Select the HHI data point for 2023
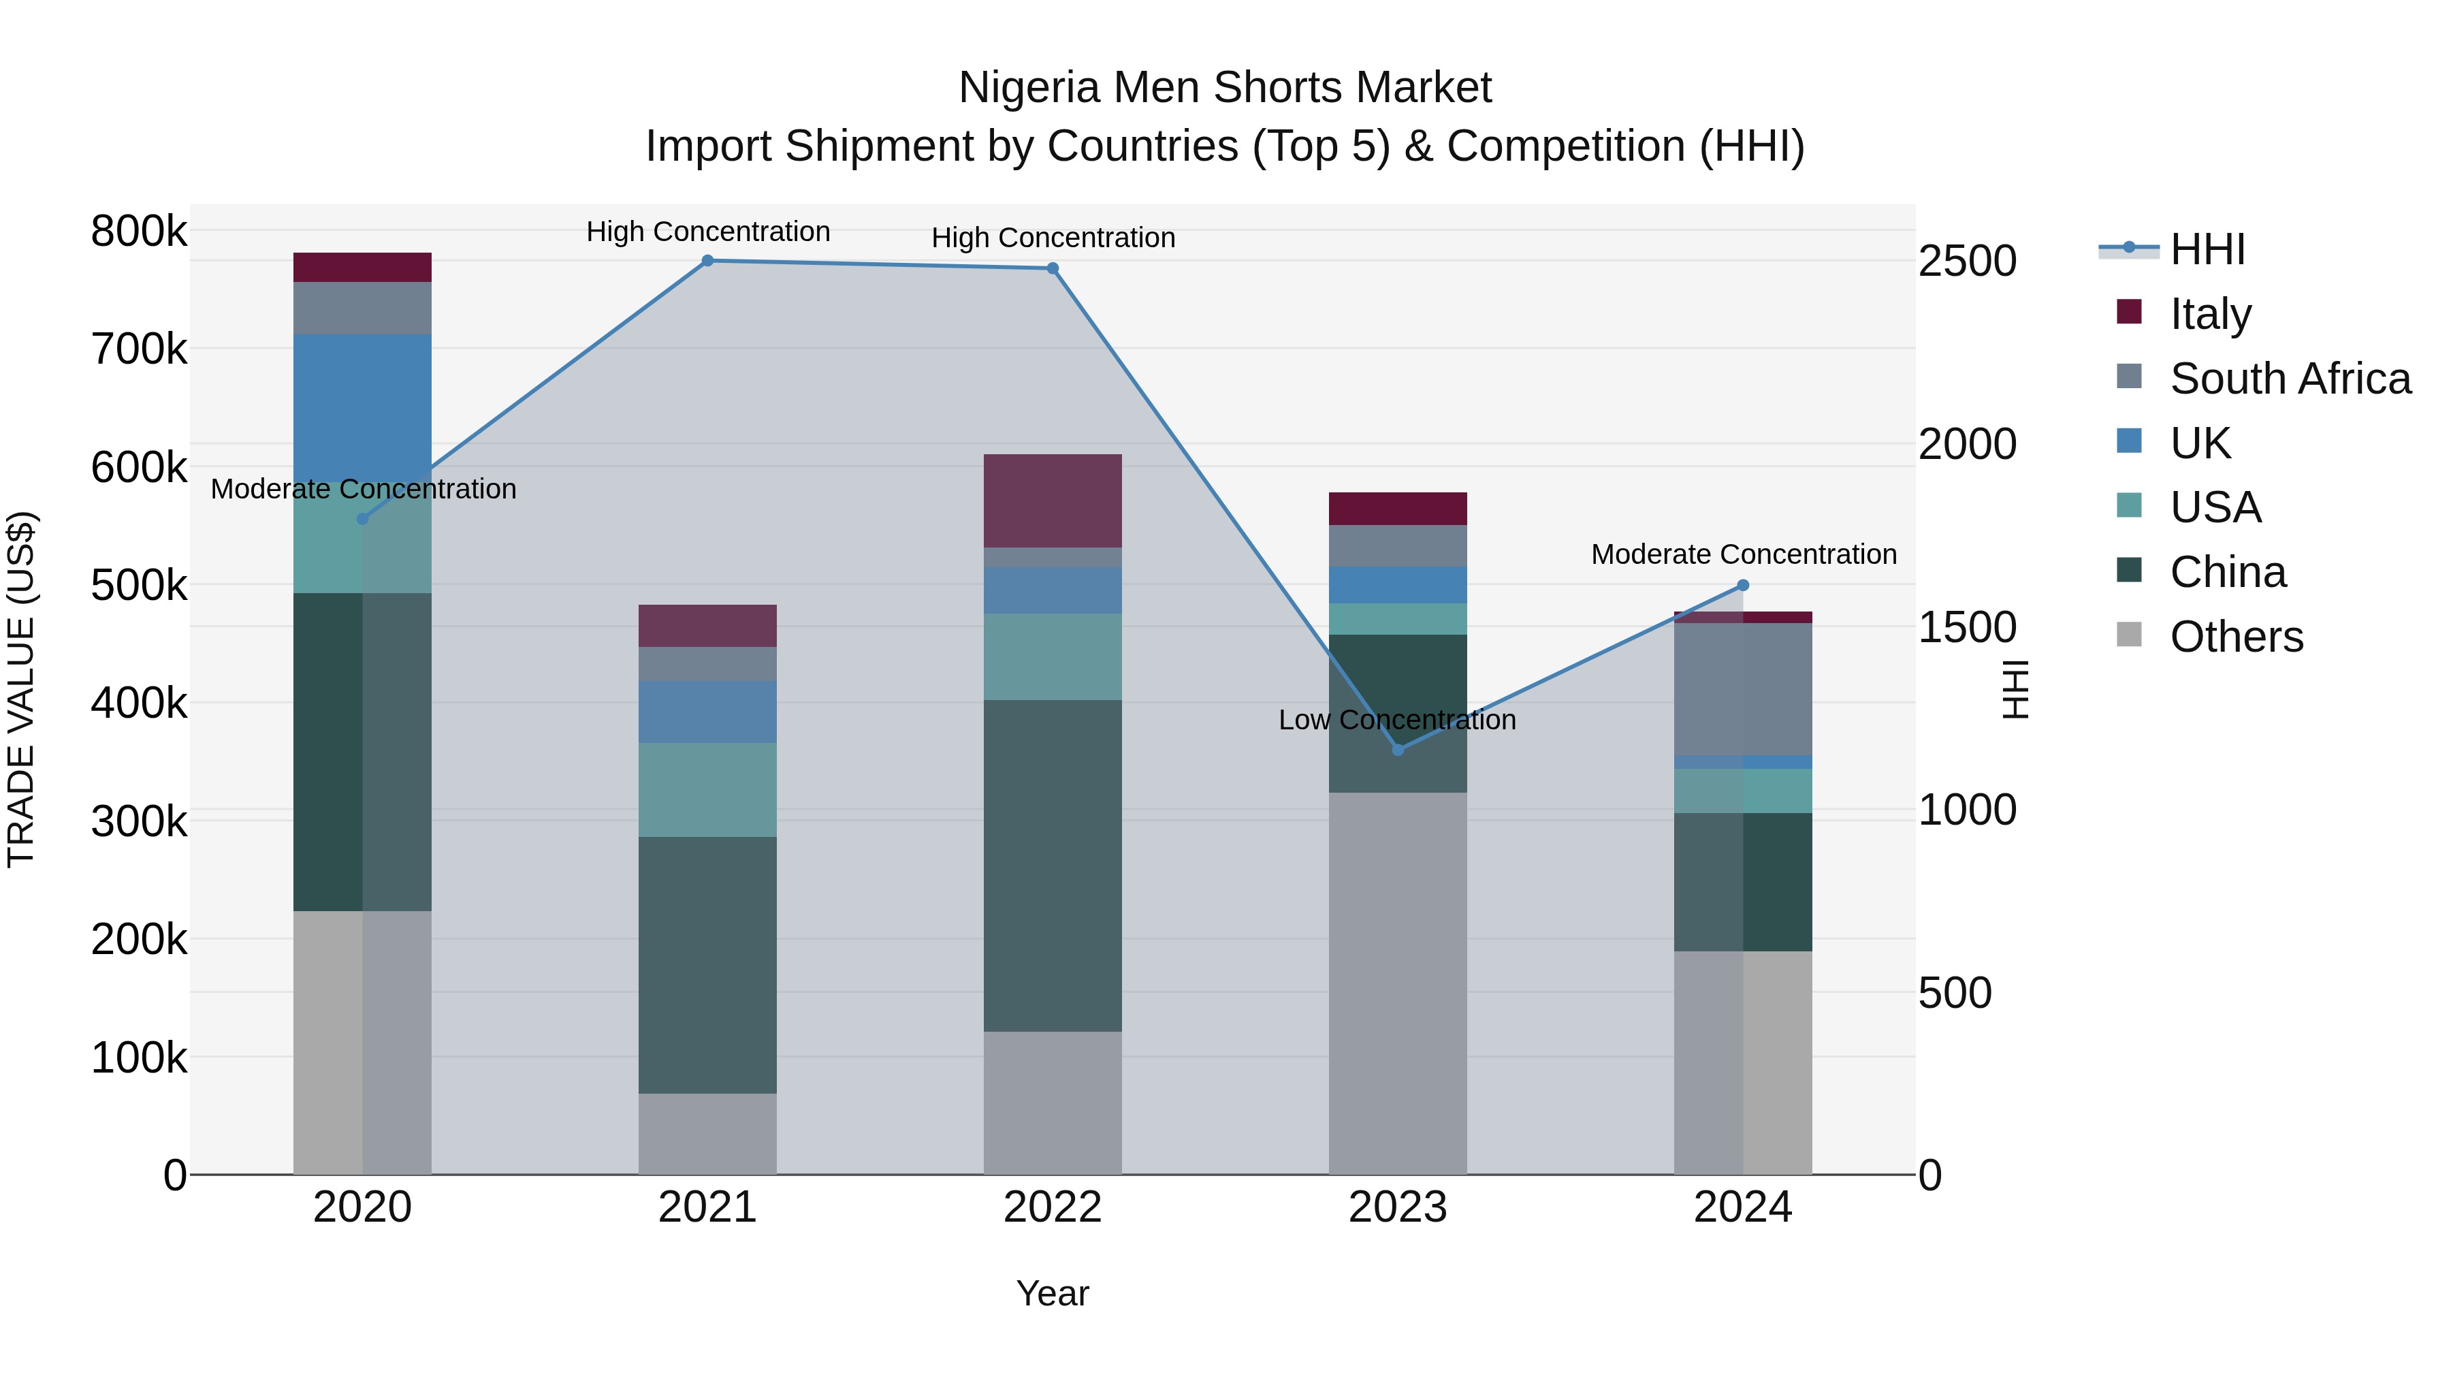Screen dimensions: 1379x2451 click(1398, 750)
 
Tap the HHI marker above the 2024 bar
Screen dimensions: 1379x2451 click(1743, 585)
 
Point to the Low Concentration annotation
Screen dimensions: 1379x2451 click(1397, 720)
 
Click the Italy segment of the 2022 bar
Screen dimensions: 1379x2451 click(1053, 501)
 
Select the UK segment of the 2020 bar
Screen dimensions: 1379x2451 click(362, 409)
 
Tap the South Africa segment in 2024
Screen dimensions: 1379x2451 click(1743, 689)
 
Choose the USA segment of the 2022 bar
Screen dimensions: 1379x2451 click(1053, 656)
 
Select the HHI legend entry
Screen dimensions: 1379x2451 click(2207, 249)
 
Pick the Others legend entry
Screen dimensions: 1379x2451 click(2236, 637)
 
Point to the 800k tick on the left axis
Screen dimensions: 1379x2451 click(139, 232)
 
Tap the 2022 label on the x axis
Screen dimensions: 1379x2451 click(1053, 1207)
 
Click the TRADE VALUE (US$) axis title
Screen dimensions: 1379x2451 click(22, 689)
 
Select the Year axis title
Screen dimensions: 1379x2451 click(1053, 1293)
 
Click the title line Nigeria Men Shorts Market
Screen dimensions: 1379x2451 click(1225, 88)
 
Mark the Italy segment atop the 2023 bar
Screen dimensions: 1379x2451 click(1398, 509)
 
